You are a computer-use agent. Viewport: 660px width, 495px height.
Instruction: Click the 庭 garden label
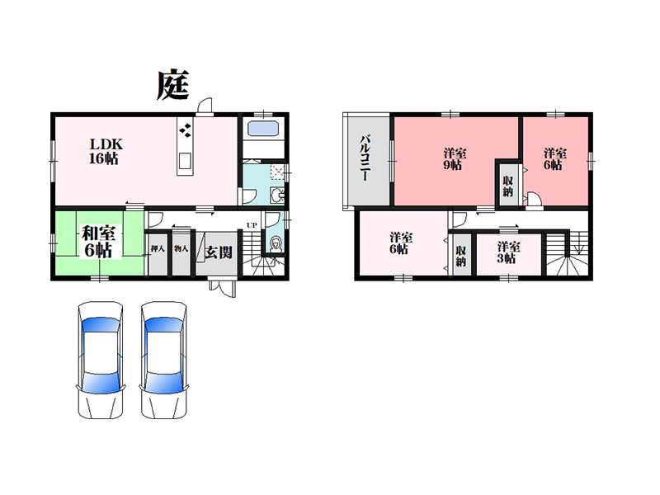172,86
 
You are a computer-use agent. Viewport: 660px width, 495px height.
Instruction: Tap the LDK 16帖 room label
106,151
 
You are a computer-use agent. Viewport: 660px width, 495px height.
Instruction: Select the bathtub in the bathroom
263,128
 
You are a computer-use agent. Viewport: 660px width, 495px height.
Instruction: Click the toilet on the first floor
276,245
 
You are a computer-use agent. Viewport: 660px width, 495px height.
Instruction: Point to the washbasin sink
277,196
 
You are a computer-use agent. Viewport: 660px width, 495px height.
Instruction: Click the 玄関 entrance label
219,252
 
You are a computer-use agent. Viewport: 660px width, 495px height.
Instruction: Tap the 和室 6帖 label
98,242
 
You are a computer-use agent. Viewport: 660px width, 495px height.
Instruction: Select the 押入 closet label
158,249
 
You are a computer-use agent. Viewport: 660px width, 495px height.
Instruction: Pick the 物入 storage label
181,249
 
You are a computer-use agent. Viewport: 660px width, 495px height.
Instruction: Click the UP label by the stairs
252,225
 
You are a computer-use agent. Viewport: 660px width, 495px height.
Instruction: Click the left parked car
101,360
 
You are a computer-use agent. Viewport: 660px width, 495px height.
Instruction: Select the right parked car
163,360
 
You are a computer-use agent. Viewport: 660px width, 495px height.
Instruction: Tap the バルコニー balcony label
365,158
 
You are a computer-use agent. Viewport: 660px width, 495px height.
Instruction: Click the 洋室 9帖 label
455,158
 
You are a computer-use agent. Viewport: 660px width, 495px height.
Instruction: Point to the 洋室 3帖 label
508,252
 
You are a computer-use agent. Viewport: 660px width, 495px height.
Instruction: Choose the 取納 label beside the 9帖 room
508,186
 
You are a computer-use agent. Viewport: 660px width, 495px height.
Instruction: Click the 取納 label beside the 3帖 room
461,256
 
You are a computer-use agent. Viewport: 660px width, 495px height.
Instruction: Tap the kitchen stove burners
185,130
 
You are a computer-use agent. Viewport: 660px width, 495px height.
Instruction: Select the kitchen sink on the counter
185,160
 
